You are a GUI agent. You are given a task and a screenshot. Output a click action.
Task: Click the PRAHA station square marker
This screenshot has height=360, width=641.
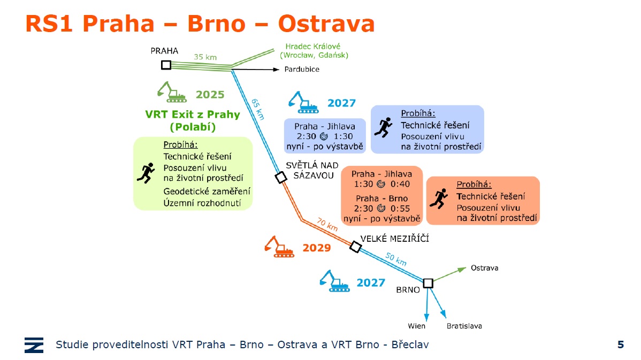tap(166, 65)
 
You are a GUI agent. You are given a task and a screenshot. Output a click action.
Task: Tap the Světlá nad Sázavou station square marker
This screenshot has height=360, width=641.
tap(281, 178)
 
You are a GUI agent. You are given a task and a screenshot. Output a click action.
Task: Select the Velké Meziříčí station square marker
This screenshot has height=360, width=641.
tap(356, 247)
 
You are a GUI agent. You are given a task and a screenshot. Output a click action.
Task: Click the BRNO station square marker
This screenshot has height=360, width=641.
tap(428, 283)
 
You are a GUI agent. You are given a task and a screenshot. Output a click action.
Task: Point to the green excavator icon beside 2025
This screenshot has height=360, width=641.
tap(172, 92)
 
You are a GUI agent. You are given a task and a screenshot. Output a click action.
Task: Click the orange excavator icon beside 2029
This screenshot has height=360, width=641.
tap(279, 247)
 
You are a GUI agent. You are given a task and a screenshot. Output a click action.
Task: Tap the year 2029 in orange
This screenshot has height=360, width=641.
tap(316, 248)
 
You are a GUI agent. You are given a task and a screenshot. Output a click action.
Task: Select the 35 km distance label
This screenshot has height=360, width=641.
tap(205, 57)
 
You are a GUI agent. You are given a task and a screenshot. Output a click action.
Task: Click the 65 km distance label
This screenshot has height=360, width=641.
tap(257, 109)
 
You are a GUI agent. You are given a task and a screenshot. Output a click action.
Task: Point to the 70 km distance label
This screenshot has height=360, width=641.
tap(327, 224)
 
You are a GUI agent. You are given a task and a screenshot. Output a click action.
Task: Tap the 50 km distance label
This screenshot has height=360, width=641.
tap(396, 259)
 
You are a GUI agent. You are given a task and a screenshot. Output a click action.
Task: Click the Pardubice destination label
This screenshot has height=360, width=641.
tap(302, 69)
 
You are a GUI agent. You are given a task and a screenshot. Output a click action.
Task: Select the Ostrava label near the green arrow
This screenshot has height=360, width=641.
tap(484, 267)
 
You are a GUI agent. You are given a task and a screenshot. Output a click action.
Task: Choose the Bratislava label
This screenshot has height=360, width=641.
tap(464, 326)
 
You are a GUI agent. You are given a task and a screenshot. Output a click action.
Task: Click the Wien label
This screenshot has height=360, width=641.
tap(416, 326)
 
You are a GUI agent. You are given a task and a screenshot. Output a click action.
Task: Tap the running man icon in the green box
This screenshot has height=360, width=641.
tap(146, 173)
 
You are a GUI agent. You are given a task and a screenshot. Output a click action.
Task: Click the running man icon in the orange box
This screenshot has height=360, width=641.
tap(439, 199)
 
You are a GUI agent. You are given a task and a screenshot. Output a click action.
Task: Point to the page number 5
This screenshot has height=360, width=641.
tap(621, 344)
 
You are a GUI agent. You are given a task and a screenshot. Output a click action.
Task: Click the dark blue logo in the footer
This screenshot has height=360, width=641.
tap(34, 345)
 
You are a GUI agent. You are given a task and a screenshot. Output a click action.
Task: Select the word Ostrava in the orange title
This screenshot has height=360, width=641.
tap(326, 24)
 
